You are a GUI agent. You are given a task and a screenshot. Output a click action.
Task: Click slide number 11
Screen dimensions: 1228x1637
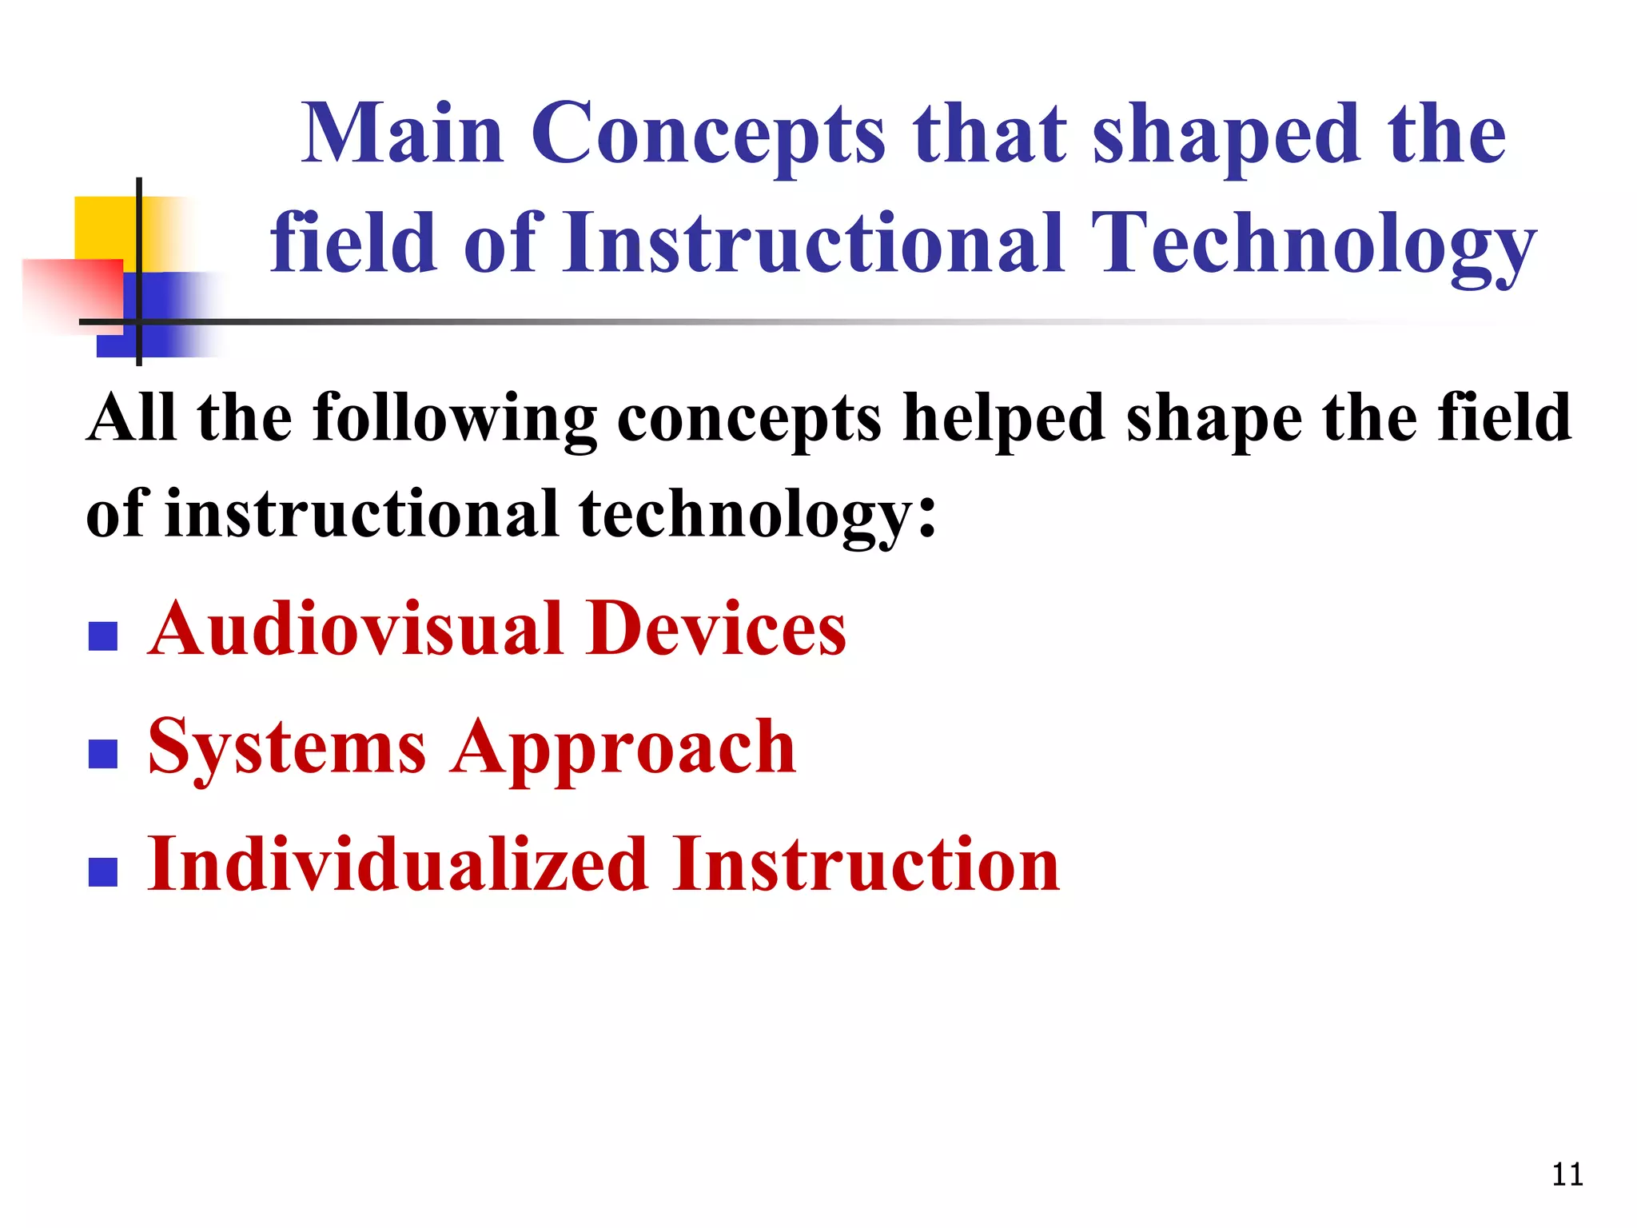[x=1567, y=1174]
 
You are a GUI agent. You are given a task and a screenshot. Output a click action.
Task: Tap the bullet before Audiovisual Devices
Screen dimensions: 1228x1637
[x=103, y=636]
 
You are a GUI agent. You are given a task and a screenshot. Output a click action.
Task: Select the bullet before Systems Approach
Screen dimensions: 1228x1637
[x=103, y=753]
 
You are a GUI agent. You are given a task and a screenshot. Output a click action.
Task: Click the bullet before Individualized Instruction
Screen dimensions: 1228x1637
[x=103, y=871]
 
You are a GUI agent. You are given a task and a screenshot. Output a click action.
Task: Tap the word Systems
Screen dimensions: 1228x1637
[x=287, y=748]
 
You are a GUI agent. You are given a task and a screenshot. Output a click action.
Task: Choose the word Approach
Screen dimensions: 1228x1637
[x=623, y=748]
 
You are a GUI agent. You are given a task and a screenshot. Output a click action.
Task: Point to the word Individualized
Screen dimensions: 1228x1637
[x=397, y=865]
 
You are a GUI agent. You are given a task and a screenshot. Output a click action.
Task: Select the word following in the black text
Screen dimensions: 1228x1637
[x=454, y=419]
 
